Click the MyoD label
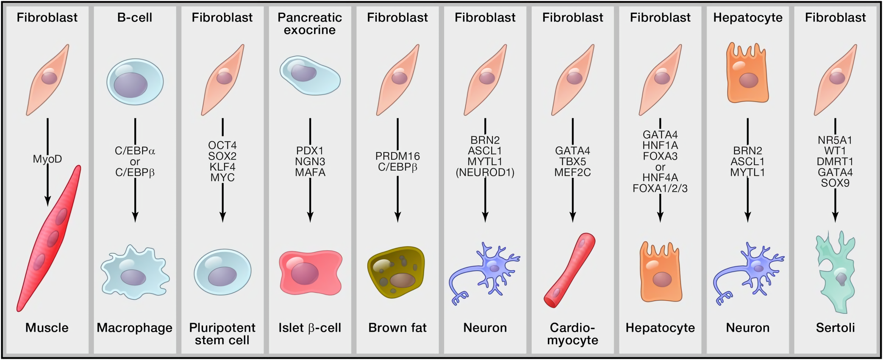pyautogui.click(x=47, y=159)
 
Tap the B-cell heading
pyautogui.click(x=135, y=17)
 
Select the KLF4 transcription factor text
pyautogui.click(x=222, y=167)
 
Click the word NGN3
pyautogui.click(x=310, y=162)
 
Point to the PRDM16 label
pyautogui.click(x=397, y=156)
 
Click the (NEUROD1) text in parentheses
pyautogui.click(x=485, y=173)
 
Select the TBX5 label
pyautogui.click(x=572, y=162)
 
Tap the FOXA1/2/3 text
pyautogui.click(x=660, y=188)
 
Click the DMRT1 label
pyautogui.click(x=835, y=162)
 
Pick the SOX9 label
pyautogui.click(x=835, y=183)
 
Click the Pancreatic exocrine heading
pyautogui.click(x=310, y=24)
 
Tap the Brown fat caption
pyautogui.click(x=397, y=328)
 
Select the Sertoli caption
pyautogui.click(x=835, y=328)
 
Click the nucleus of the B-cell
pyautogui.click(x=131, y=85)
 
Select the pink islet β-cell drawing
pyautogui.click(x=311, y=272)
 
